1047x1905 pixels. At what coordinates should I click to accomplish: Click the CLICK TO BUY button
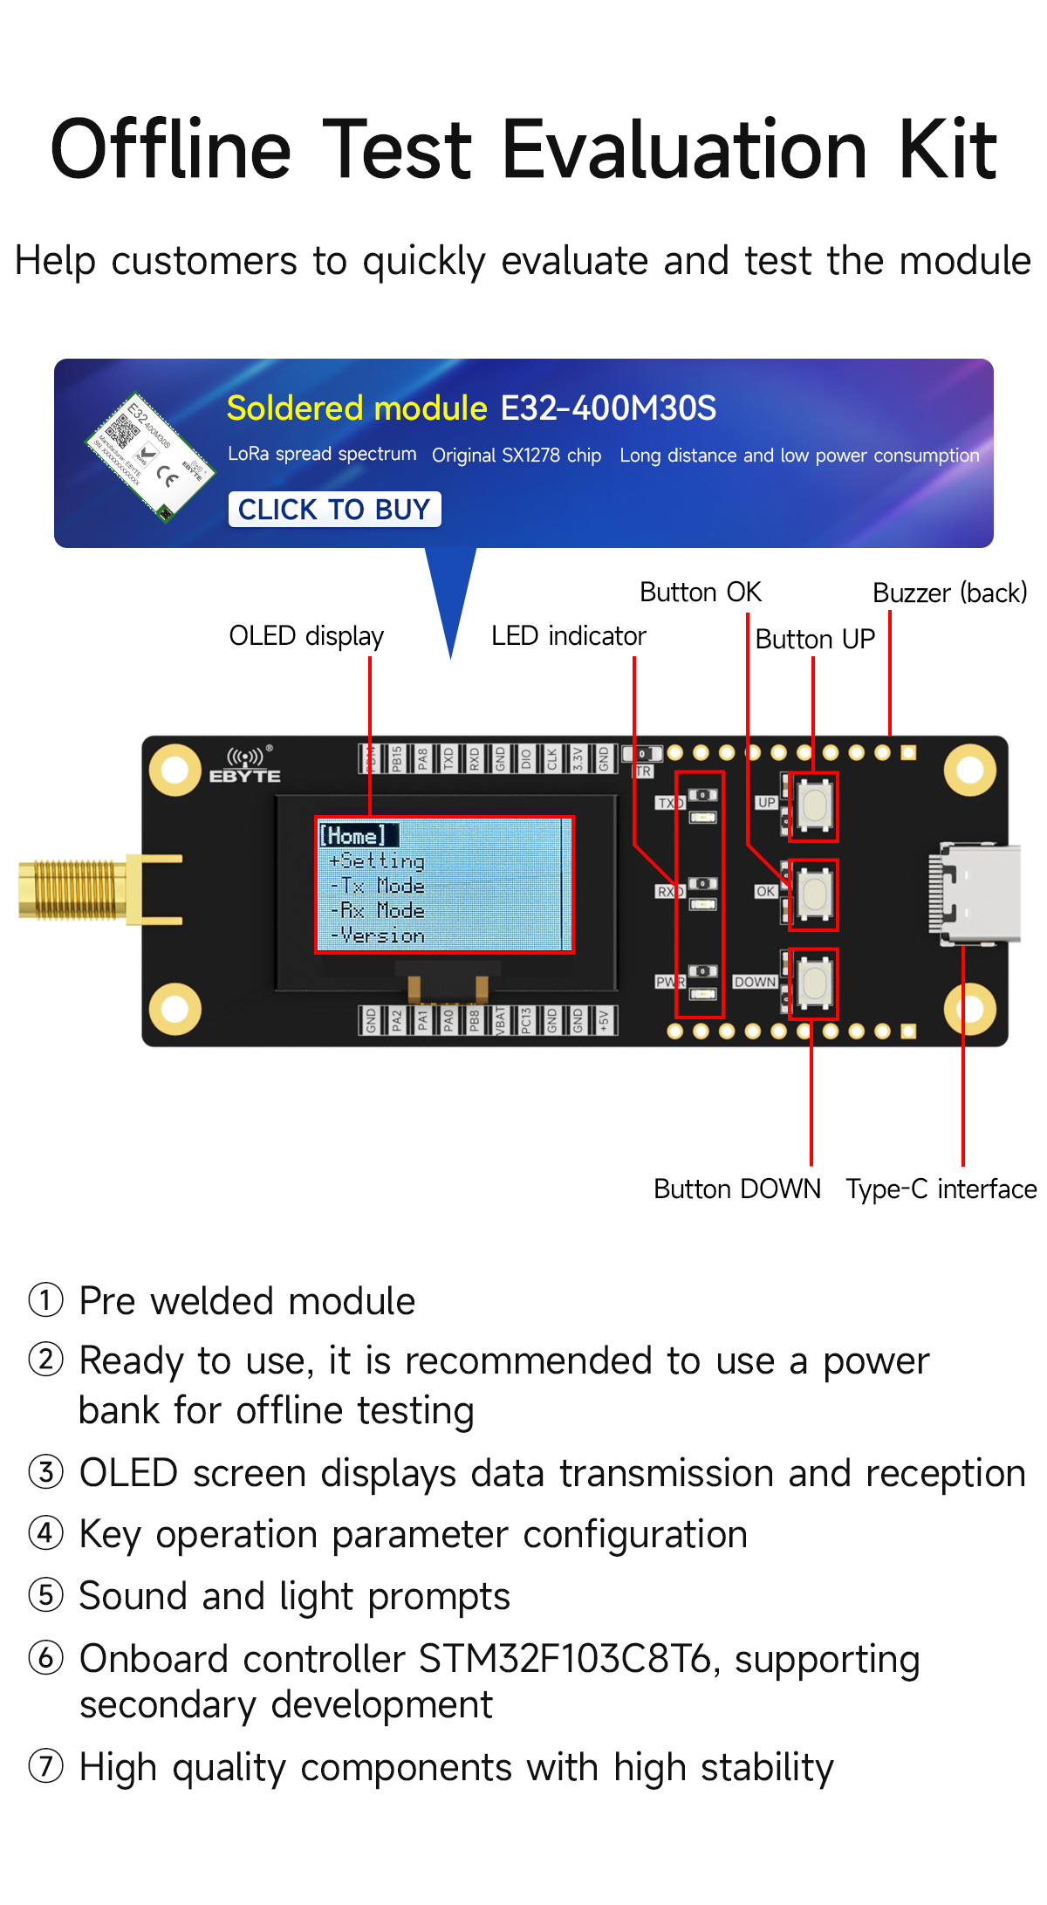click(x=334, y=510)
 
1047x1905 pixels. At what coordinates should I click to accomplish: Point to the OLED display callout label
click(x=306, y=636)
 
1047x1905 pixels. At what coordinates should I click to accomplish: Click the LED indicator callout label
click(x=568, y=636)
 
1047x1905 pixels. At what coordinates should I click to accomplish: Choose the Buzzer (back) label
click(x=949, y=593)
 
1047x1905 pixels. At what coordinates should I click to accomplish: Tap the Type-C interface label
click(x=941, y=1189)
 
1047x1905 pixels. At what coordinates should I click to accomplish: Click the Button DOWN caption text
click(x=737, y=1189)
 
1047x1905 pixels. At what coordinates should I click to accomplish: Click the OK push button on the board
click(x=814, y=894)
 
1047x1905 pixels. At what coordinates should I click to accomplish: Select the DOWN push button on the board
click(x=814, y=982)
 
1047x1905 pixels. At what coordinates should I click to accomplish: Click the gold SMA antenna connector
click(x=74, y=890)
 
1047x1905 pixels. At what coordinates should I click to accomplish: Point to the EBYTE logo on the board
click(x=245, y=765)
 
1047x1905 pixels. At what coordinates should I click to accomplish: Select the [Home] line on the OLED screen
click(x=353, y=835)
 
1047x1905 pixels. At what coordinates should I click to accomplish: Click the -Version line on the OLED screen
click(x=378, y=936)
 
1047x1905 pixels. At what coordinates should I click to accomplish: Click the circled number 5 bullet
click(x=46, y=1595)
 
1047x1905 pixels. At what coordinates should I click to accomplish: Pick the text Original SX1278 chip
click(x=517, y=456)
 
